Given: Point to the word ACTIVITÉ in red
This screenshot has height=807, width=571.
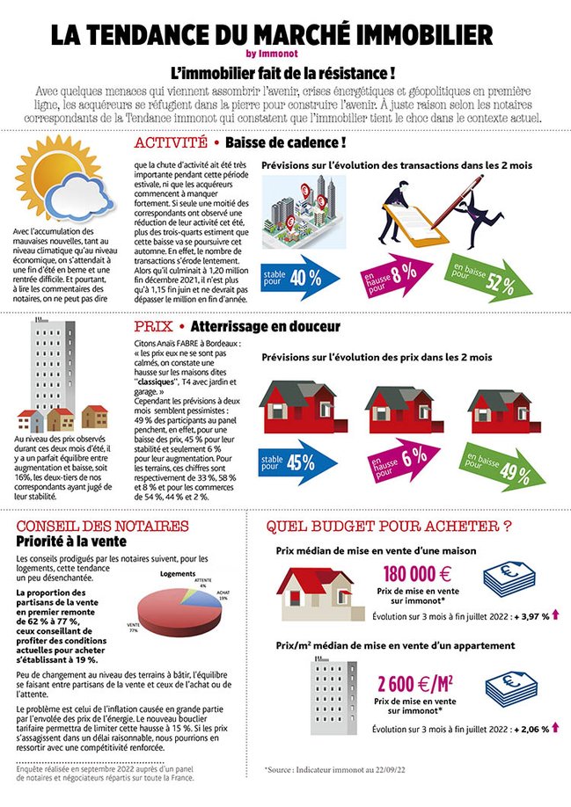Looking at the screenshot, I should pos(171,142).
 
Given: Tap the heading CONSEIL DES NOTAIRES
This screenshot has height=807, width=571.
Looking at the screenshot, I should pos(103,526).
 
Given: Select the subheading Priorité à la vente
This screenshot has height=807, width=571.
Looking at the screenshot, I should pos(68,542).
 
